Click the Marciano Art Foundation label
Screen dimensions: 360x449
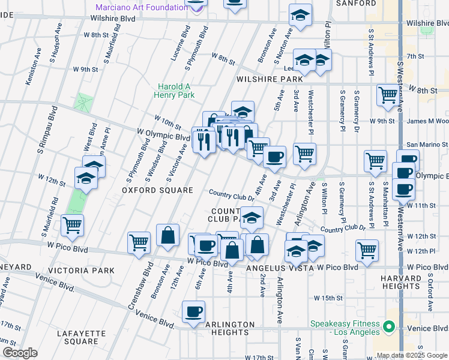click(x=142, y=8)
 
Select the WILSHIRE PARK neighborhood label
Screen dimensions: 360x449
click(x=270, y=79)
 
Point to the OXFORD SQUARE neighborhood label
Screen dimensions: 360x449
click(x=149, y=190)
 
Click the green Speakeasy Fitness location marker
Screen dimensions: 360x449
click(x=388, y=328)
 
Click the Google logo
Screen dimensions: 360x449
click(x=20, y=353)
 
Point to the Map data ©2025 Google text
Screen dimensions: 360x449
click(x=412, y=355)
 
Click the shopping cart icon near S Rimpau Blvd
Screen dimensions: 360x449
click(x=73, y=225)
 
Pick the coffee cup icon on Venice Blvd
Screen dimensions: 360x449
click(x=194, y=312)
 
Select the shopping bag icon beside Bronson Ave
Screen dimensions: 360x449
click(x=168, y=235)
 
